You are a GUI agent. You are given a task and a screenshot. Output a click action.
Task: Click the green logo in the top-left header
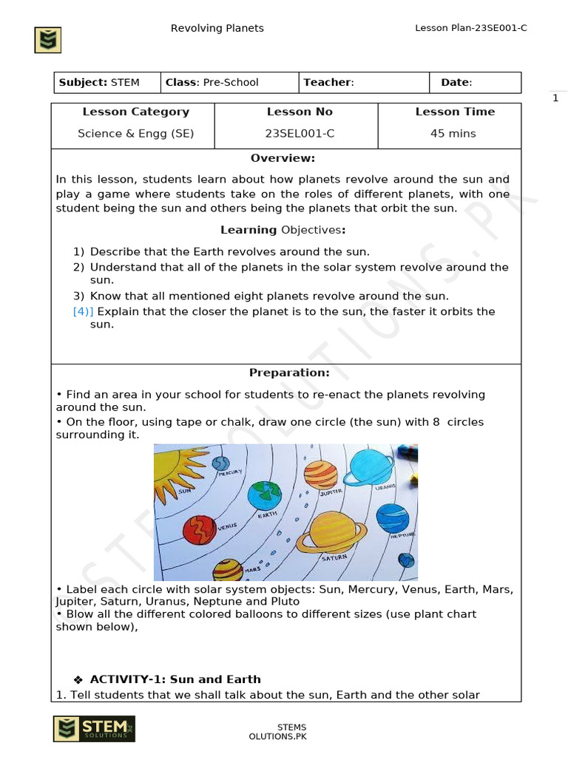[48, 40]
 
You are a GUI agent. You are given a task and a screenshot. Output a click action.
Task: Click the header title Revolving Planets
[217, 28]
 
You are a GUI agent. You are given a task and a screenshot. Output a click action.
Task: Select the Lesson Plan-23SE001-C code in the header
[471, 28]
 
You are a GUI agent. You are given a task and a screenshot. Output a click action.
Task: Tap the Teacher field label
[328, 82]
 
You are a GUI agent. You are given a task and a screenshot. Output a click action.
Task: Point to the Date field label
[456, 82]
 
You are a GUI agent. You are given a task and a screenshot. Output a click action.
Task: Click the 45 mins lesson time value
[453, 134]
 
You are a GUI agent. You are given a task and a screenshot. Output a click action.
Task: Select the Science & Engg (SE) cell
[132, 134]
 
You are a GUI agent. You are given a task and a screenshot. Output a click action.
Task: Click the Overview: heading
[283, 158]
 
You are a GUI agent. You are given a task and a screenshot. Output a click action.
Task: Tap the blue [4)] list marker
[83, 311]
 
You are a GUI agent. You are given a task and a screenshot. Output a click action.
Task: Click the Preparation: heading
[289, 373]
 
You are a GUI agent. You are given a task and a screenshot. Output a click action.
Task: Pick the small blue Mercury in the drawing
[221, 464]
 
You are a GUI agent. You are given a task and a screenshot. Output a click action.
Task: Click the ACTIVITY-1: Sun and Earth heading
[175, 679]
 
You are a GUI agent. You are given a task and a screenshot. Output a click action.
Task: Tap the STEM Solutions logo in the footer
[93, 728]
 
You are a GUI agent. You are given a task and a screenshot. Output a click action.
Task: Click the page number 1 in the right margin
[555, 99]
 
